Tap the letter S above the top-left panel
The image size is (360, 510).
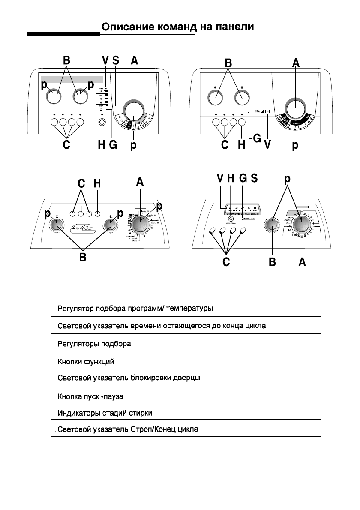tap(115, 61)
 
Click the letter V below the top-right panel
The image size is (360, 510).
tap(268, 145)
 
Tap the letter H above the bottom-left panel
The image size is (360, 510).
tap(98, 183)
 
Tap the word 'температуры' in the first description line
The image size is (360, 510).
tap(189, 309)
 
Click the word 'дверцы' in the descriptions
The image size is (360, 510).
tap(189, 378)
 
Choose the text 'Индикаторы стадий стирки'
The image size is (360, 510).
tap(105, 413)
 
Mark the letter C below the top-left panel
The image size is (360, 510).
tap(66, 145)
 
